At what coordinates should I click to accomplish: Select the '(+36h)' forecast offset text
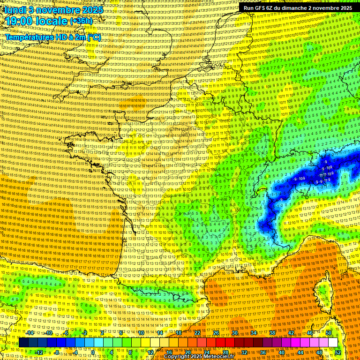click(x=81, y=22)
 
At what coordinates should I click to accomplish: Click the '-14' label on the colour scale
click(x=30, y=333)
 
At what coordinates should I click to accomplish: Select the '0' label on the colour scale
click(x=93, y=352)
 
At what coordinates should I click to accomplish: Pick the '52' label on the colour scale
click(x=338, y=352)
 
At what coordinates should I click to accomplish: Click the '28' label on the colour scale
click(x=225, y=352)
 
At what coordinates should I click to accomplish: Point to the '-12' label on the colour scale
click(x=38, y=352)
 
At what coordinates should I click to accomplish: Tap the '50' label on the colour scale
click(x=328, y=333)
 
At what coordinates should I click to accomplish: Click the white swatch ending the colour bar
click(x=333, y=343)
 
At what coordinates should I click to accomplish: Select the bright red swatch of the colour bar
click(x=220, y=343)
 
